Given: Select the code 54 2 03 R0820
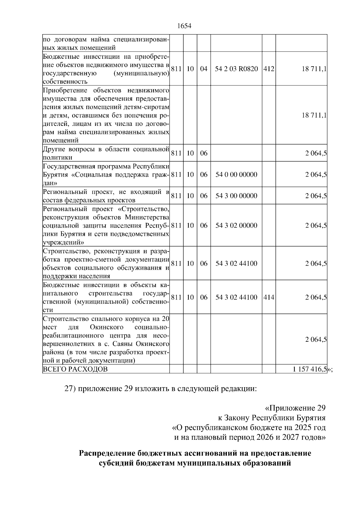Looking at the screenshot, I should tap(236, 69).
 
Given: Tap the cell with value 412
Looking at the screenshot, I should tap(269, 69).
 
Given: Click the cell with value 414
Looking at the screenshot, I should tap(269, 297).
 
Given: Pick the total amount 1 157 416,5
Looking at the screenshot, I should tap(310, 369).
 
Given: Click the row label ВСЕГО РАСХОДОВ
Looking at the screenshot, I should tap(75, 369).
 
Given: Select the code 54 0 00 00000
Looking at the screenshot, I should tap(236, 174).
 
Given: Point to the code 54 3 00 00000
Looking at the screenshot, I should tap(236, 196).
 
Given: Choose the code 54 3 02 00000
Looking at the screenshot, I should tap(236, 225).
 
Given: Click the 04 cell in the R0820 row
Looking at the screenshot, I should tap(204, 69).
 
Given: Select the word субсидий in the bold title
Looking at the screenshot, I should tap(116, 463).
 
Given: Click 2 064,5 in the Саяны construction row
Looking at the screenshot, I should tap(316, 340).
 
